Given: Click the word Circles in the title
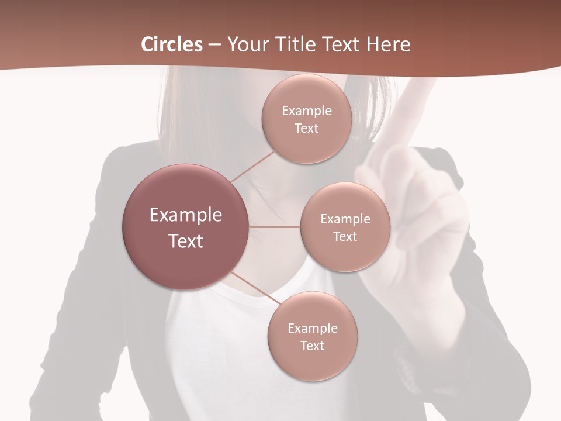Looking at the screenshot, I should click(x=172, y=44).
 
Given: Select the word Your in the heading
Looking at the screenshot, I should click(x=246, y=44).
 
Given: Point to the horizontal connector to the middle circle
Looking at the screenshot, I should click(x=275, y=227).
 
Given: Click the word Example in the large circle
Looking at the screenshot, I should click(x=186, y=215).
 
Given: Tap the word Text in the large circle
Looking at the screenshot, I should click(x=186, y=241).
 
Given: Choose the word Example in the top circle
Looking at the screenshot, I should click(x=306, y=111).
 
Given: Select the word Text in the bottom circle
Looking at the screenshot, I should click(x=313, y=346).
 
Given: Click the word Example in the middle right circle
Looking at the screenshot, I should click(x=345, y=219).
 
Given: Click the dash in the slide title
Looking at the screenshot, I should click(x=214, y=44).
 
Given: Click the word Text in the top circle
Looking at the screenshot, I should click(x=306, y=129).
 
